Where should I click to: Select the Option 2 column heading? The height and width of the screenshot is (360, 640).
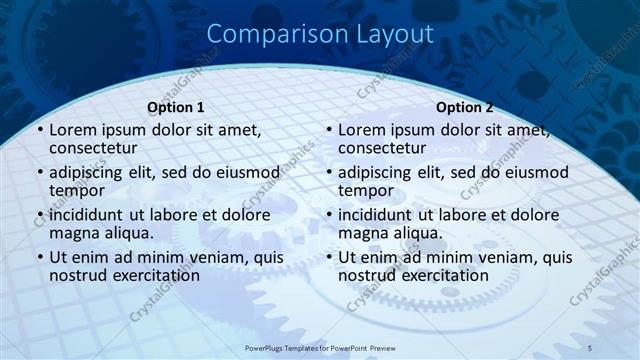click(x=465, y=107)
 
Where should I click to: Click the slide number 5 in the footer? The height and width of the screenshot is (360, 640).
click(x=590, y=347)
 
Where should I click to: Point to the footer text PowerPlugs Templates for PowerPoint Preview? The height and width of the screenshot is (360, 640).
click(x=320, y=347)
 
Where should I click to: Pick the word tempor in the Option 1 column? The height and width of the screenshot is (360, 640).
click(x=77, y=190)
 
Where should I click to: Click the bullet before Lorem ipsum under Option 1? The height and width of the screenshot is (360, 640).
click(x=39, y=131)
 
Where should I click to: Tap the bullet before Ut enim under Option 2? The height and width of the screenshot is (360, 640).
click(x=329, y=258)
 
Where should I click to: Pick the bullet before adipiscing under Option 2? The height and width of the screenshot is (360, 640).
click(x=329, y=173)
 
